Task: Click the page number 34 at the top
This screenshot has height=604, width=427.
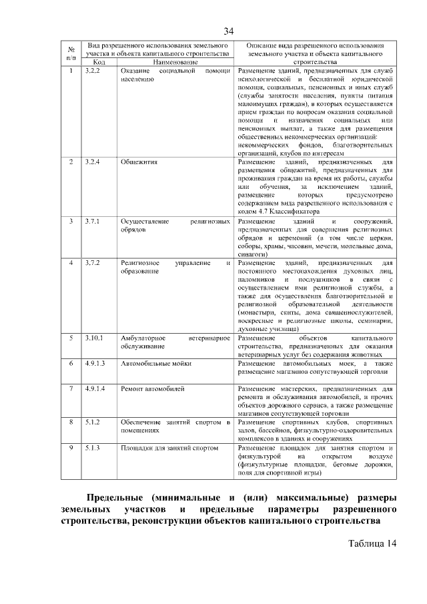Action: (x=229, y=31)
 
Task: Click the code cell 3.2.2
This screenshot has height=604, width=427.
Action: (x=93, y=71)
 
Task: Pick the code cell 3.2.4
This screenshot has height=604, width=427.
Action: (x=93, y=162)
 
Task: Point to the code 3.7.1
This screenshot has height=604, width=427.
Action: (x=93, y=221)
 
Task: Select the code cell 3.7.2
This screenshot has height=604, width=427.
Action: (x=93, y=263)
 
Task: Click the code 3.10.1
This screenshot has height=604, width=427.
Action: (x=94, y=338)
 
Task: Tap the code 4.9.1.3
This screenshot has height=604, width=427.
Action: (x=96, y=363)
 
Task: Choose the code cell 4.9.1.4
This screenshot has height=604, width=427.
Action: (x=96, y=388)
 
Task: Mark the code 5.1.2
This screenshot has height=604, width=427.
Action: (x=93, y=422)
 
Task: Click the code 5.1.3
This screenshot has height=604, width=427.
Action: (x=93, y=448)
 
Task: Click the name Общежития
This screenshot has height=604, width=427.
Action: (x=139, y=162)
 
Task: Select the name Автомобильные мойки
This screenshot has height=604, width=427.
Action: (x=155, y=363)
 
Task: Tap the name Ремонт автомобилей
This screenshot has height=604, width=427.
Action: (x=152, y=388)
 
